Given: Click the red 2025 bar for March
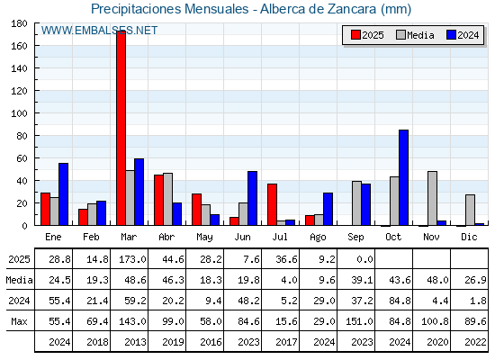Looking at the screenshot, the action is [x=121, y=128].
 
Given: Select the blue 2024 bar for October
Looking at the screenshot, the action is [x=404, y=177].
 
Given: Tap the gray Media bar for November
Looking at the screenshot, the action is [x=432, y=198].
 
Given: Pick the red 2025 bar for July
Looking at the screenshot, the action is [x=272, y=204].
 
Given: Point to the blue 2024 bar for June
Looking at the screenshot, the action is [x=252, y=198].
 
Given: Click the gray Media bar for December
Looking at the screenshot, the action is [x=470, y=210].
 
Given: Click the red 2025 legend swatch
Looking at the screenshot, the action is [x=355, y=35].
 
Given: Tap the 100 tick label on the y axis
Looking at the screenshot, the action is [x=19, y=113].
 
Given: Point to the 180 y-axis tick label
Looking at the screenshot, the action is [x=19, y=23].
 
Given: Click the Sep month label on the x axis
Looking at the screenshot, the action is [x=355, y=238].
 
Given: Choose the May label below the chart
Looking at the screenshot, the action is [x=204, y=238].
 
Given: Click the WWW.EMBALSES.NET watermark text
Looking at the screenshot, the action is [x=99, y=31].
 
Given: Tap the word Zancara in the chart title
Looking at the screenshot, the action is [x=352, y=9].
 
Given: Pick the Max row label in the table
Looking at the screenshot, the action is [x=19, y=321].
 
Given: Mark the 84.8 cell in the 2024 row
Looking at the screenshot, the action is [x=400, y=301].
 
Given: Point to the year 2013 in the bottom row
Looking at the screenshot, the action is [x=135, y=342].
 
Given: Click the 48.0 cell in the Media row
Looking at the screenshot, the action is [x=437, y=280].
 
